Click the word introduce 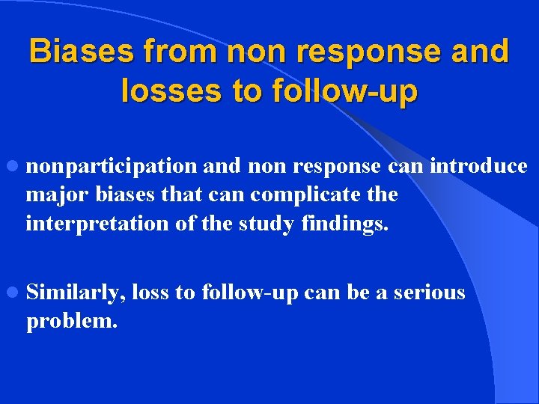point(478,165)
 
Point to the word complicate point(308,195)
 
